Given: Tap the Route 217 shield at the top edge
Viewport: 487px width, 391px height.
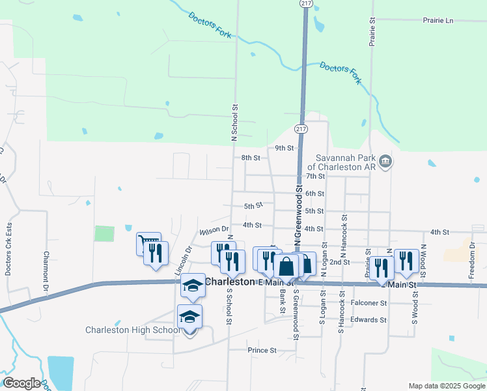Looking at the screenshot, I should pos(305,3).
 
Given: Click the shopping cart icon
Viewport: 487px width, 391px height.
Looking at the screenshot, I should pos(147,243).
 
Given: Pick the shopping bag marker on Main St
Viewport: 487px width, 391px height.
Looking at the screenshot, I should pos(286,266).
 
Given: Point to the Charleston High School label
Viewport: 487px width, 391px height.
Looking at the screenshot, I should pos(133,330).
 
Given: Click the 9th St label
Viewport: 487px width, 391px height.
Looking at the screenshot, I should pos(285,148).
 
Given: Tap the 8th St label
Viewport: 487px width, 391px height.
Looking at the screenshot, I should pos(251,158).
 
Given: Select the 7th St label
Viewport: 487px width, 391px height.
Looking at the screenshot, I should pos(315,176).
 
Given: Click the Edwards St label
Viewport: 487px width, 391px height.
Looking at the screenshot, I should pos(369,320).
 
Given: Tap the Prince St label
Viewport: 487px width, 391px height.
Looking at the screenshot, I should pos(262,350).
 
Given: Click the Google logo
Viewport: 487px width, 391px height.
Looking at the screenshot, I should pos(21,383).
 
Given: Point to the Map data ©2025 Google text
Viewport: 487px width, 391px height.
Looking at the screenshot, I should pos(446,386).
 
